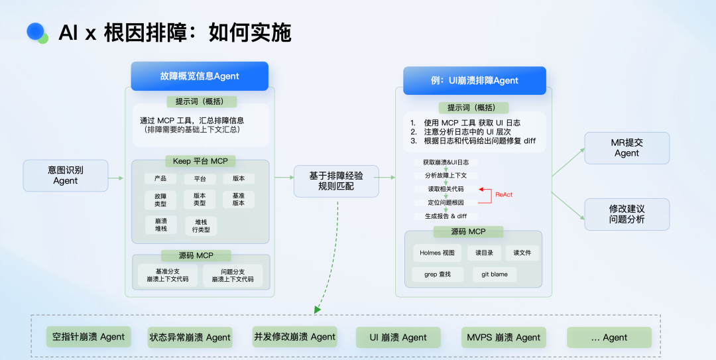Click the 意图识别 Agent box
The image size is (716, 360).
point(66,175)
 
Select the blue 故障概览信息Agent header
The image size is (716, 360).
point(200,76)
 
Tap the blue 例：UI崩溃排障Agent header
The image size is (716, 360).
point(475,81)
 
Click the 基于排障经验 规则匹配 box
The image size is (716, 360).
point(336,181)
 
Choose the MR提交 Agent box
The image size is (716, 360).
point(626,148)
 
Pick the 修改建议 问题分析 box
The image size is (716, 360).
point(626,214)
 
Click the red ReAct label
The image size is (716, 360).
point(504,194)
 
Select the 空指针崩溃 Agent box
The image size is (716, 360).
point(89,337)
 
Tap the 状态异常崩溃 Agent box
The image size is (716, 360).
point(190,337)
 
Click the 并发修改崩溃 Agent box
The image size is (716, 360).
point(295,337)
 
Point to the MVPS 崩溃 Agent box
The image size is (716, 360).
point(504,337)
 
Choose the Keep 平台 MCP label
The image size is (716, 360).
point(200,161)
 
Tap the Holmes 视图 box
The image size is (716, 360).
point(438,253)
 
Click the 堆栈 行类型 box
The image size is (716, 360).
point(201,225)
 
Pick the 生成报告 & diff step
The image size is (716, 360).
point(446,216)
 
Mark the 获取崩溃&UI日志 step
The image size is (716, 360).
point(446,162)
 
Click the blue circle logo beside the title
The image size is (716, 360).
point(36,31)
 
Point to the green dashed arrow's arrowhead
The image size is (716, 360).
point(318,309)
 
